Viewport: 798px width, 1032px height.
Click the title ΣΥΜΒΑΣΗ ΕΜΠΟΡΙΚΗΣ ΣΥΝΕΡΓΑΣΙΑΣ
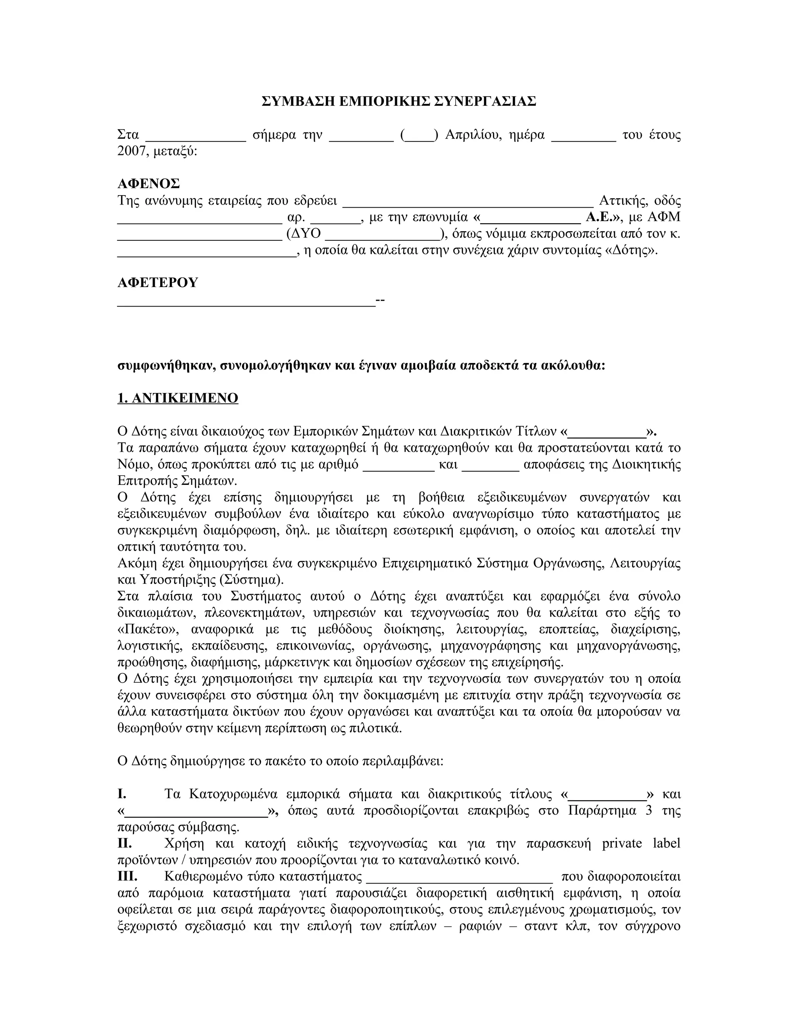pyautogui.click(x=399, y=101)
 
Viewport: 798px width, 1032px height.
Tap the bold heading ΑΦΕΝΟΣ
pyautogui.click(x=148, y=183)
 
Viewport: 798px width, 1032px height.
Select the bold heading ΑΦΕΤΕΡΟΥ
pyautogui.click(x=157, y=283)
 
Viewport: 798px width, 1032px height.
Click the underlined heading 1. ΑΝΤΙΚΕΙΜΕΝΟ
pyautogui.click(x=178, y=398)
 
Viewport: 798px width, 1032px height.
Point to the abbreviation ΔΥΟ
pyautogui.click(x=308, y=233)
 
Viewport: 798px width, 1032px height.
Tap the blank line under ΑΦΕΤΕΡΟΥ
pyautogui.click(x=246, y=301)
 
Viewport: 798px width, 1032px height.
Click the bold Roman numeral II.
pyautogui.click(x=124, y=844)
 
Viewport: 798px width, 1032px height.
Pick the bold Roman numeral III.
pyautogui.click(x=127, y=877)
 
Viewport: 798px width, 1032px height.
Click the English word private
pyautogui.click(x=621, y=844)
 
